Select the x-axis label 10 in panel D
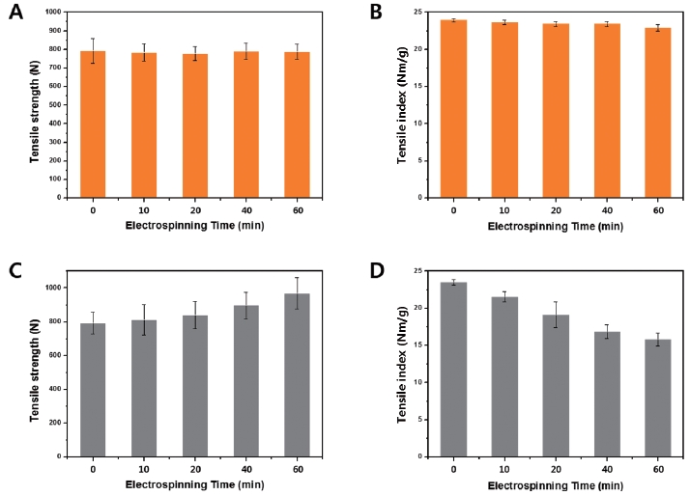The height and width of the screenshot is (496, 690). [498, 469]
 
